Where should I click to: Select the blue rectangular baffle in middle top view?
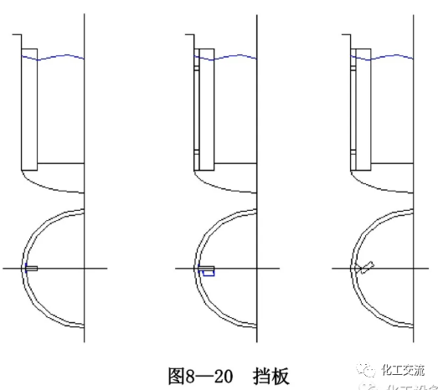point(207,271)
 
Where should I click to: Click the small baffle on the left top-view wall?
point(31,268)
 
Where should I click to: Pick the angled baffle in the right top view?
point(365,268)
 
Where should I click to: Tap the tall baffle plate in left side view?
point(29,109)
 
